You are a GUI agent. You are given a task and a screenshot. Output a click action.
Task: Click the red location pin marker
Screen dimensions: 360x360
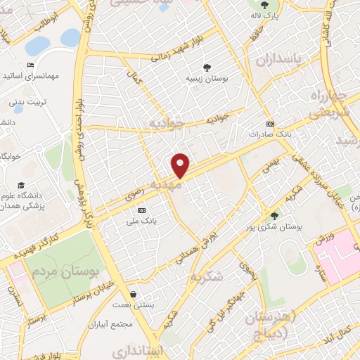click(181, 165)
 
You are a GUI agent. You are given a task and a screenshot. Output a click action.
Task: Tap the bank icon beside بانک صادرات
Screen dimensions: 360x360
click(270, 122)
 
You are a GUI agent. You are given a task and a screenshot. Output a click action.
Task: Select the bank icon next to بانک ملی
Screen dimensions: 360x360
click(141, 210)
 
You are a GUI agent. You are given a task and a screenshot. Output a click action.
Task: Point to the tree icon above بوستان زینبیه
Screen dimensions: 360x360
click(207, 67)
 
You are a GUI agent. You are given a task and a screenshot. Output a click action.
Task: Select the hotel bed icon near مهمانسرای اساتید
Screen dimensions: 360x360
click(30, 65)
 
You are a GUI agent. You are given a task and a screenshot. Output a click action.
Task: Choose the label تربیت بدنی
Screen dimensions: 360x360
click(25, 102)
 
